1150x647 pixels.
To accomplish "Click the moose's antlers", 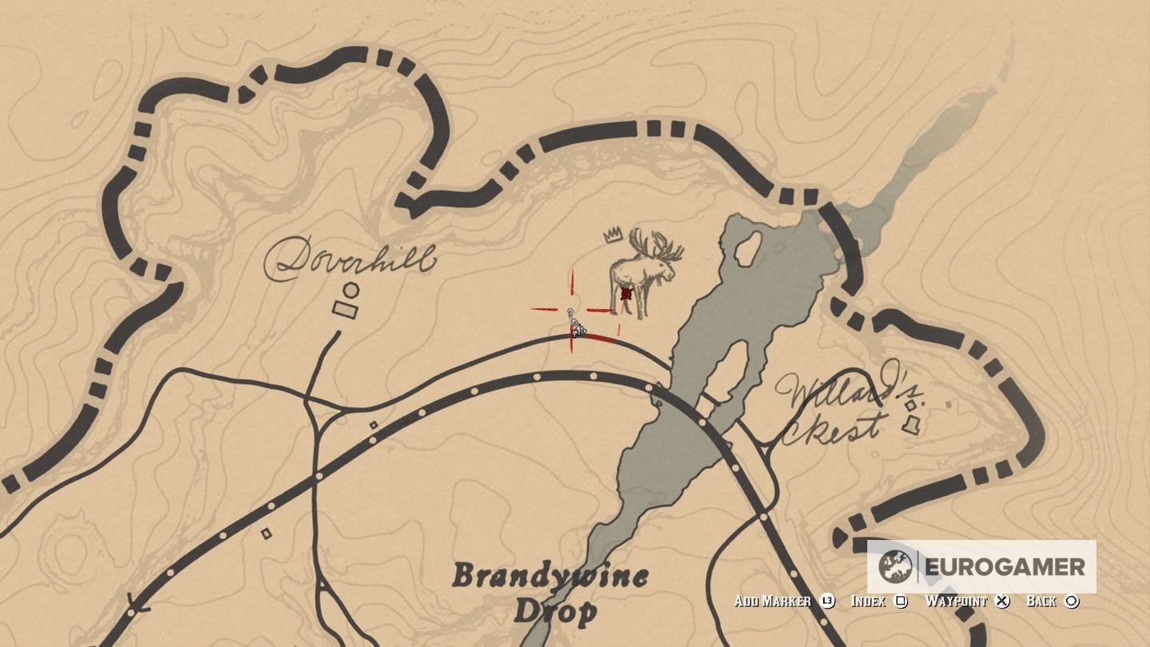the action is (656, 246).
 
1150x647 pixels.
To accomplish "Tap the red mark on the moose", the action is (626, 294).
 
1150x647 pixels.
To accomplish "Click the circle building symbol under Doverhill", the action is (351, 290).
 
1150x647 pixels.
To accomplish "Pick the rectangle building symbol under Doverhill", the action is (346, 309).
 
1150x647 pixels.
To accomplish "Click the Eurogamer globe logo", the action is (895, 567).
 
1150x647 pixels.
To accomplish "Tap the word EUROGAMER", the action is (1005, 567).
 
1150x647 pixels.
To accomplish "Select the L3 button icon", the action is (827, 601).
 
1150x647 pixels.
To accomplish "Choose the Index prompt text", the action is (868, 601).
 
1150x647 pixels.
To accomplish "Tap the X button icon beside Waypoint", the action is (1003, 601).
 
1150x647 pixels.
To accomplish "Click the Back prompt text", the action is (1041, 601).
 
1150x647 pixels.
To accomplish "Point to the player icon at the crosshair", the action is (577, 327).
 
